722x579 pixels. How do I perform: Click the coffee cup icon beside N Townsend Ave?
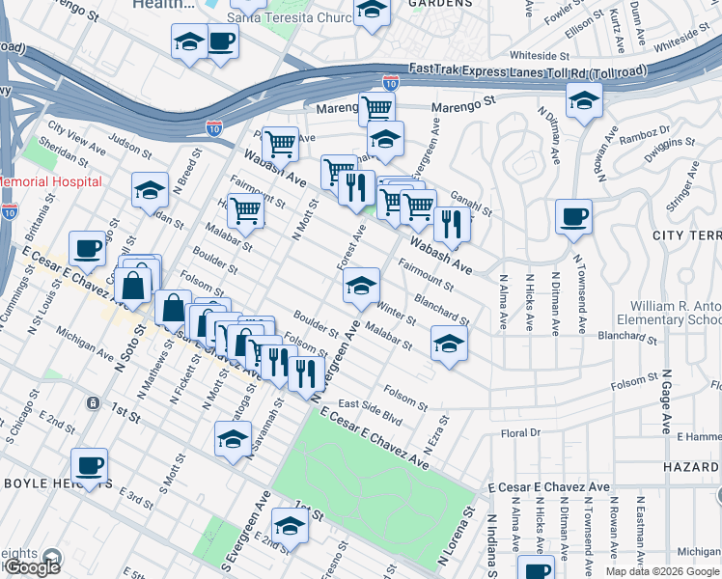pos(573,218)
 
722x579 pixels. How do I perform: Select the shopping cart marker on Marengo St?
pos(376,109)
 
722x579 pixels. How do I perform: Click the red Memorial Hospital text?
pos(50,181)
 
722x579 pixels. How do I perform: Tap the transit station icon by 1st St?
pos(91,401)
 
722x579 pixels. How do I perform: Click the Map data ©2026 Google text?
pos(661,571)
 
